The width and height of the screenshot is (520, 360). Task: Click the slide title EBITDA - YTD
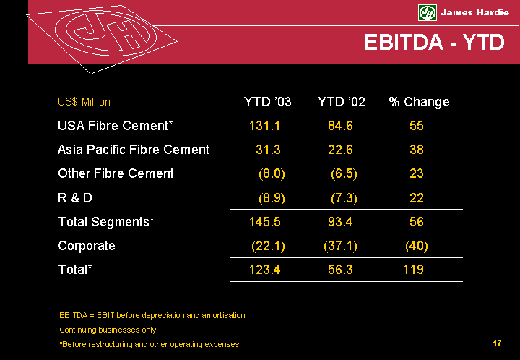433,43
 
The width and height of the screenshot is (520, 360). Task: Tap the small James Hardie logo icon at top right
428,12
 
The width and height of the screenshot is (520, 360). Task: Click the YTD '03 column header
268,102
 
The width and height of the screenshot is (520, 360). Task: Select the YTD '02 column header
342,102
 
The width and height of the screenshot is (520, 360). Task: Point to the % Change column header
419,102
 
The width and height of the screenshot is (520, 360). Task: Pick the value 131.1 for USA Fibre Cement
264,126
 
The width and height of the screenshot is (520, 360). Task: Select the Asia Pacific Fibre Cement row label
134,150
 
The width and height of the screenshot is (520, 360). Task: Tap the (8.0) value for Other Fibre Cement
272,173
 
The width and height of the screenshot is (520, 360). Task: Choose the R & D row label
75,197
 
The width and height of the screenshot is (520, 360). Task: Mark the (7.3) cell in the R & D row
344,197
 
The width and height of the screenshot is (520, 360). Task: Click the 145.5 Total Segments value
264,221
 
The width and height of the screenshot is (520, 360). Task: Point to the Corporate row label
87,245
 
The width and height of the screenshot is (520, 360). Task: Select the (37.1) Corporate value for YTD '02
340,245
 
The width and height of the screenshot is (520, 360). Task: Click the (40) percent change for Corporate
417,245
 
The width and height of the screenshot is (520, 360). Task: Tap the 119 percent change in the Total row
413,270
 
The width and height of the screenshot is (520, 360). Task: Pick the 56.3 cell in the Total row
340,270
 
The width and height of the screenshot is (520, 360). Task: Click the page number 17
497,343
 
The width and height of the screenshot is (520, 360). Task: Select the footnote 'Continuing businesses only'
108,330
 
